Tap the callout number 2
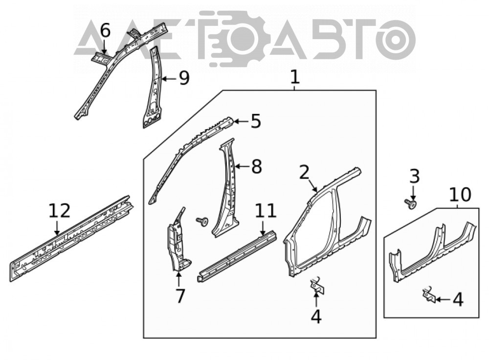click(304, 173)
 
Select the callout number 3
click(415, 177)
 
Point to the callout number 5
click(256, 121)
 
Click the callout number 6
click(105, 31)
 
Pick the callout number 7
click(180, 296)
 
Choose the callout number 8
click(256, 167)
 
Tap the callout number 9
click(184, 78)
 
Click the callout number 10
click(460, 195)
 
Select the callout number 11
click(266, 211)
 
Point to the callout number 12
click(60, 211)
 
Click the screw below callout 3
click(410, 204)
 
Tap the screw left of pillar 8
click(202, 222)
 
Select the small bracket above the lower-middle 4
click(317, 285)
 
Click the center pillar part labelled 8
click(227, 190)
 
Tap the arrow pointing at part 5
click(241, 121)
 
